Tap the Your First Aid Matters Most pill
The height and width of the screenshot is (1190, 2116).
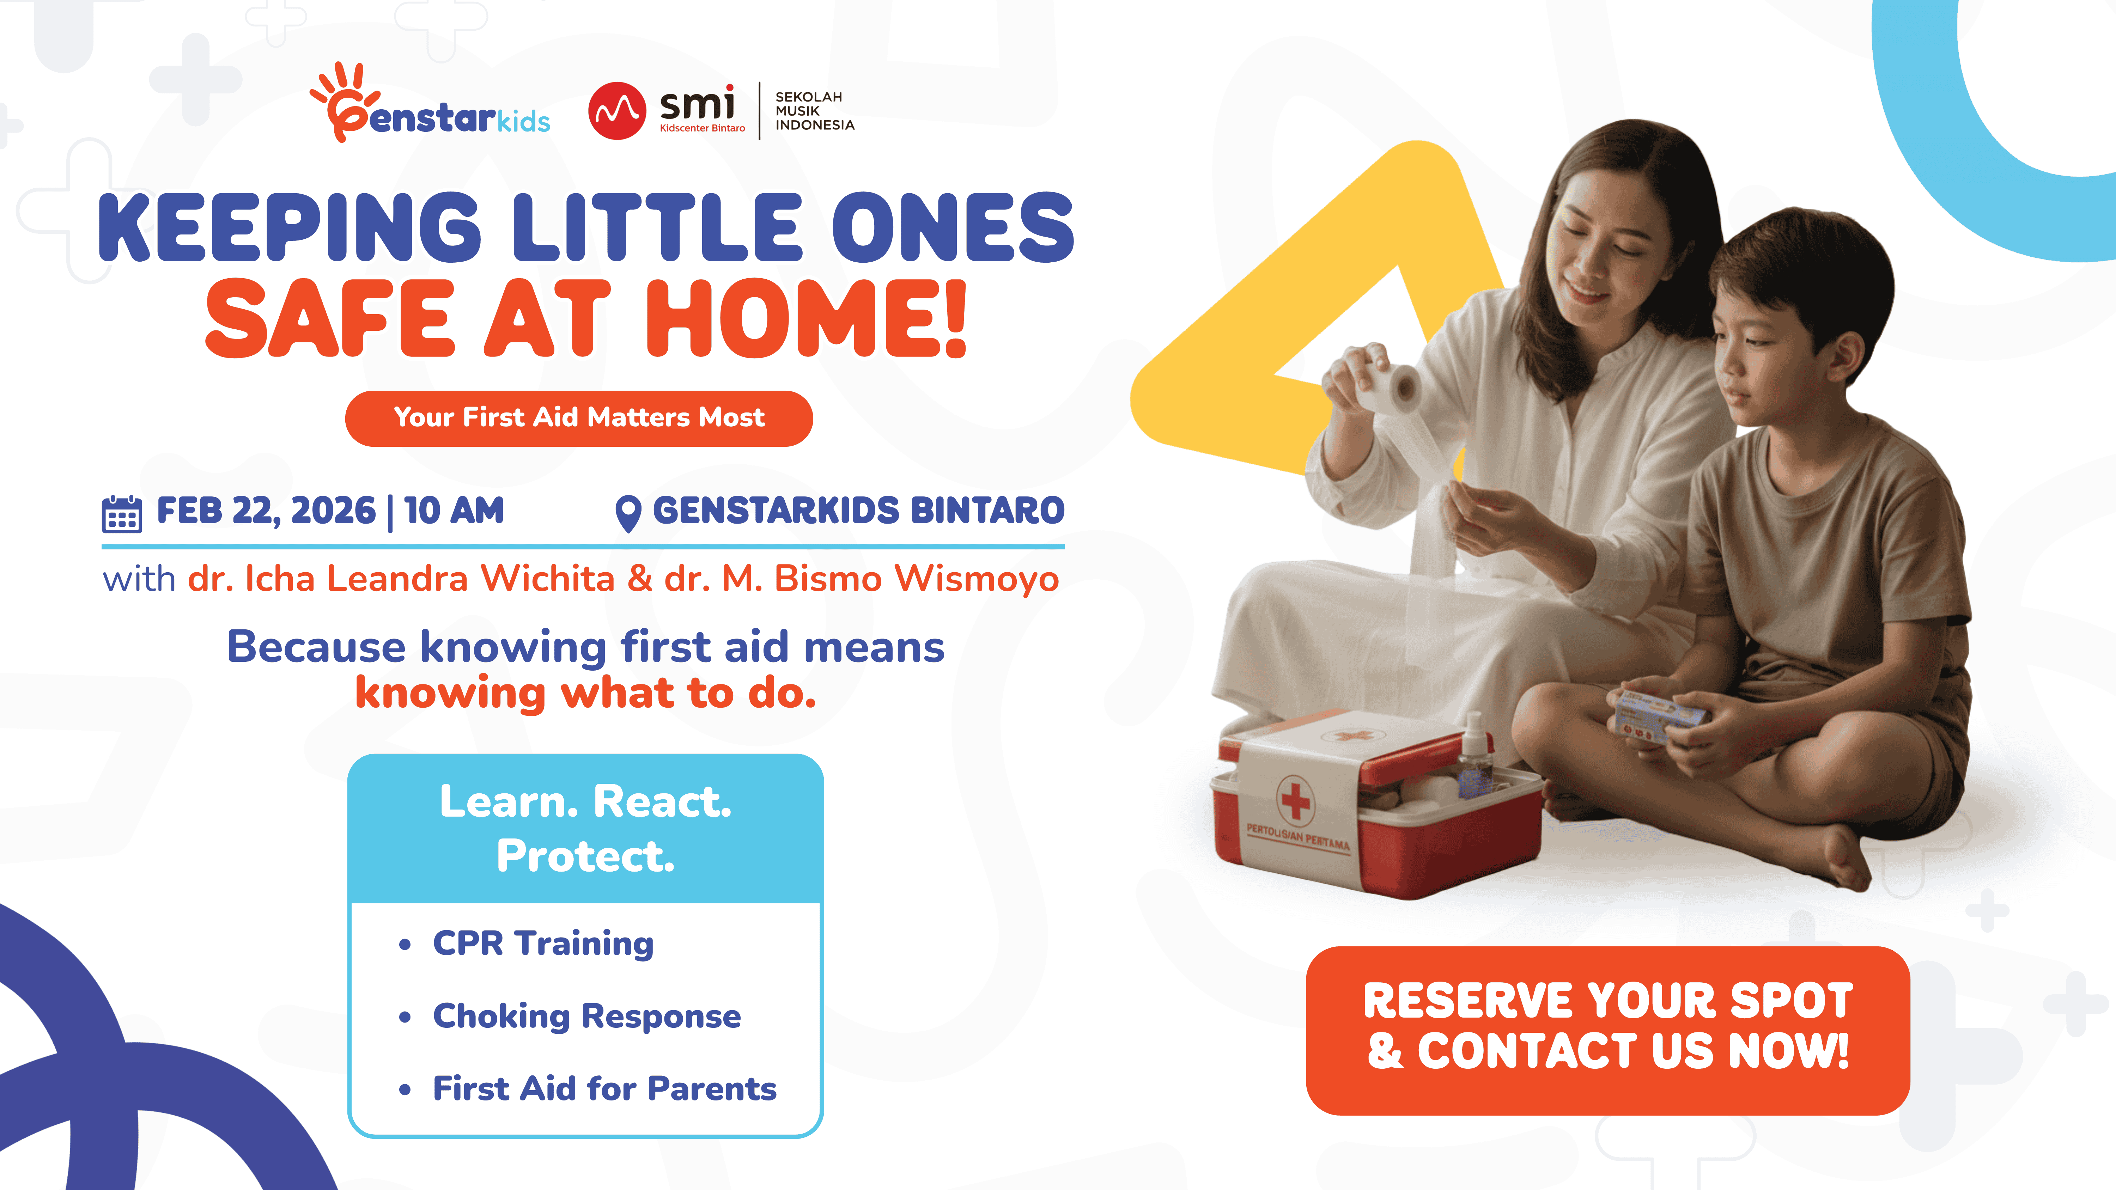coord(579,418)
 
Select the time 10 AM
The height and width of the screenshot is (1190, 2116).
coord(454,511)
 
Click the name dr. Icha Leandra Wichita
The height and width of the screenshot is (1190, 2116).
coord(401,579)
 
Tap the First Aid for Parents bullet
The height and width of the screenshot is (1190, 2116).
coord(604,1089)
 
